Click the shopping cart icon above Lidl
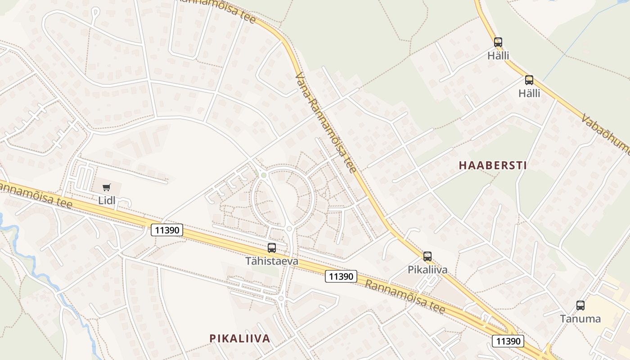pos(107,187)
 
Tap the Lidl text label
pos(107,200)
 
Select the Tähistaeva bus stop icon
pos(272,247)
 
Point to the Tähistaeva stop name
pos(272,261)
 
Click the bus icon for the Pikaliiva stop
pos(427,256)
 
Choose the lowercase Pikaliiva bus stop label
pos(427,270)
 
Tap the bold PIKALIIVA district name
pos(240,338)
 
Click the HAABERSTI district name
pos(493,165)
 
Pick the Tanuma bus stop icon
pos(580,306)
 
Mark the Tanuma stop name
pos(580,319)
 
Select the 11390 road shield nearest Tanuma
pos(508,341)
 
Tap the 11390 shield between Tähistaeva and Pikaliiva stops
pos(341,276)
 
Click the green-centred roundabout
pos(264,175)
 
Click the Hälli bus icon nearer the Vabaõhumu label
pos(529,80)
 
